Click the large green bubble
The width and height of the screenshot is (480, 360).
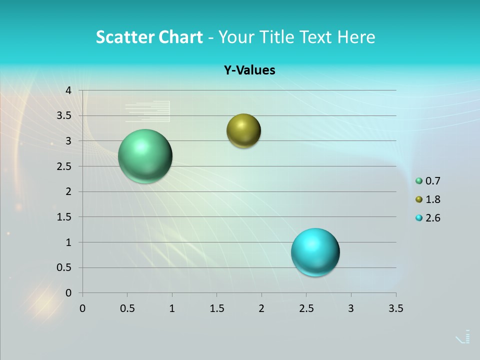click(145, 156)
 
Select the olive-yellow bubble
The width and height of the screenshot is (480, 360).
click(243, 131)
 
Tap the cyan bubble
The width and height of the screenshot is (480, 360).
click(315, 252)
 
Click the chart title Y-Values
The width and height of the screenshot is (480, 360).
click(249, 70)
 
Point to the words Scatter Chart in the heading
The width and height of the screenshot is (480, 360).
click(149, 37)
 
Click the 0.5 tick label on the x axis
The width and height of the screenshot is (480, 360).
click(127, 308)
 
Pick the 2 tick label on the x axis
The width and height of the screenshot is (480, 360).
click(261, 308)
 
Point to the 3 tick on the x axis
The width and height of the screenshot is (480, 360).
click(351, 308)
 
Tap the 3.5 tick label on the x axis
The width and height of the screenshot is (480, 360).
click(395, 308)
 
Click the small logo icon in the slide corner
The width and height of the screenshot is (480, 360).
click(463, 337)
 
